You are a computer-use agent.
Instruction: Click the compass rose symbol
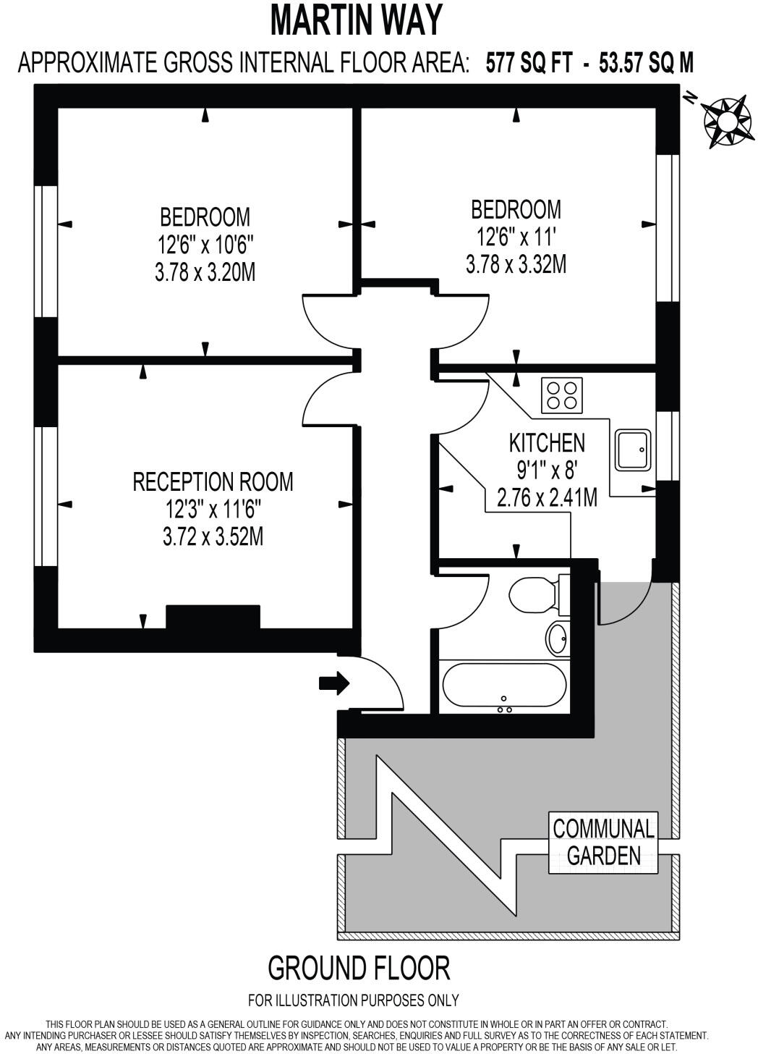click(725, 122)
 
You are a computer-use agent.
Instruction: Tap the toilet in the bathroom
click(534, 595)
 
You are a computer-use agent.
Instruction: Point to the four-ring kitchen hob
click(562, 395)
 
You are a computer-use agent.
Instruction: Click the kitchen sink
click(633, 450)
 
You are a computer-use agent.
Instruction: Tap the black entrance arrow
click(333, 683)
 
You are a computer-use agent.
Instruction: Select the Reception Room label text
click(213, 481)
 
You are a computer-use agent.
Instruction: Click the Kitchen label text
click(547, 442)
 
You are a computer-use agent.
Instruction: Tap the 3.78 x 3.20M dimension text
click(205, 272)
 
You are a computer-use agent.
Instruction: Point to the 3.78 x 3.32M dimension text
click(516, 265)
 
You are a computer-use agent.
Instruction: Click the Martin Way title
click(357, 20)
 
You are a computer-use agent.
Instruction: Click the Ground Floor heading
click(359, 967)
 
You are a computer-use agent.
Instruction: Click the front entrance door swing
click(380, 684)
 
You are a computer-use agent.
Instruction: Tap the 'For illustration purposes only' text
click(353, 1000)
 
